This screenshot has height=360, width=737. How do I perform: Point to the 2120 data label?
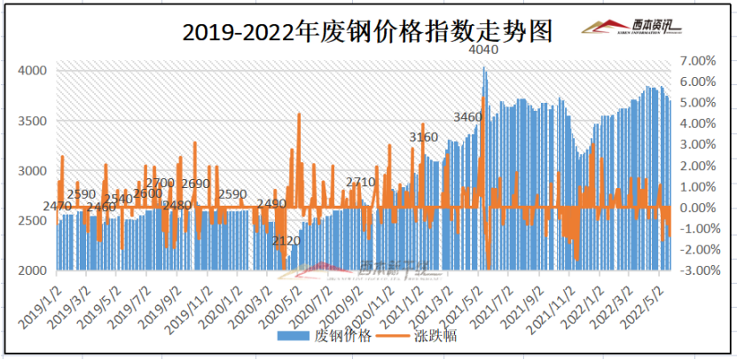[x=287, y=241]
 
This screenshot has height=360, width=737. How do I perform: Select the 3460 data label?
[x=467, y=117]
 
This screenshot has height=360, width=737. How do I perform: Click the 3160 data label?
[x=423, y=137]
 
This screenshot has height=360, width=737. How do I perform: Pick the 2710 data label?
[x=360, y=182]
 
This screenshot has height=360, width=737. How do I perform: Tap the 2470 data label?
[x=57, y=207]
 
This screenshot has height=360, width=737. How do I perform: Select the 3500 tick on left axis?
[x=33, y=121]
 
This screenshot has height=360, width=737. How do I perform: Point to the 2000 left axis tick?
[x=33, y=270]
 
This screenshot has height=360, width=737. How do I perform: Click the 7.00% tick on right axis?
[x=695, y=60]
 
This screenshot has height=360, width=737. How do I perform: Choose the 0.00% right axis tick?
[x=695, y=207]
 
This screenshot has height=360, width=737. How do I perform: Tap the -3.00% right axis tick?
[x=694, y=270]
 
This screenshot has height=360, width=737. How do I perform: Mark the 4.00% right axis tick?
[x=695, y=123]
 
